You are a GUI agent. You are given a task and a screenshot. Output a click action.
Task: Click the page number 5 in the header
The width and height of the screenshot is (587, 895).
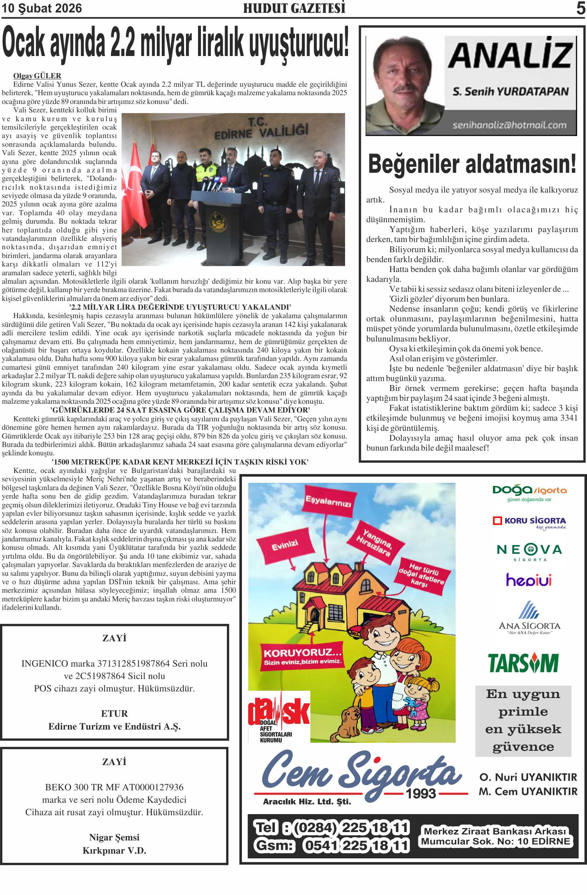pos(580,8)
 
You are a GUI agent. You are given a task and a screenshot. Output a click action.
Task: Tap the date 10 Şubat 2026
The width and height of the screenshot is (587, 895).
pos(42,8)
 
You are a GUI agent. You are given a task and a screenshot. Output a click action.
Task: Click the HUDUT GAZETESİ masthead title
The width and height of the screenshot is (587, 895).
pos(294,8)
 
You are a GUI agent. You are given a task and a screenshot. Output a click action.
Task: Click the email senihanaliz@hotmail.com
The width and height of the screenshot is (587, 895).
pos(509,125)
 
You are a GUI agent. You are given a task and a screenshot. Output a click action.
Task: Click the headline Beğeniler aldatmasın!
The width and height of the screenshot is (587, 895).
pos(472,164)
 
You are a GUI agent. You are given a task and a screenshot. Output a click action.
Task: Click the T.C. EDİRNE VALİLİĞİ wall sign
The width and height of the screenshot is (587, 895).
pos(261,129)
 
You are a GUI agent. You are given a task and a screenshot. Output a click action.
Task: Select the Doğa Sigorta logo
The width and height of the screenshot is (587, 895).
pos(529,492)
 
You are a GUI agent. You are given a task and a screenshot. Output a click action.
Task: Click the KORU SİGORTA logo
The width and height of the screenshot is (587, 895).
pos(529,522)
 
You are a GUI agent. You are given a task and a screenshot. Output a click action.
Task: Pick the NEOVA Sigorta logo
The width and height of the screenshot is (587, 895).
pos(529,551)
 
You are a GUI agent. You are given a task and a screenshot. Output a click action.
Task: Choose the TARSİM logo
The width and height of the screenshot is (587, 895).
pos(523,663)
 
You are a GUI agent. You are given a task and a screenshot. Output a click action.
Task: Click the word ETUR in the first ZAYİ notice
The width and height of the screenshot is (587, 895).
pos(114,713)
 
